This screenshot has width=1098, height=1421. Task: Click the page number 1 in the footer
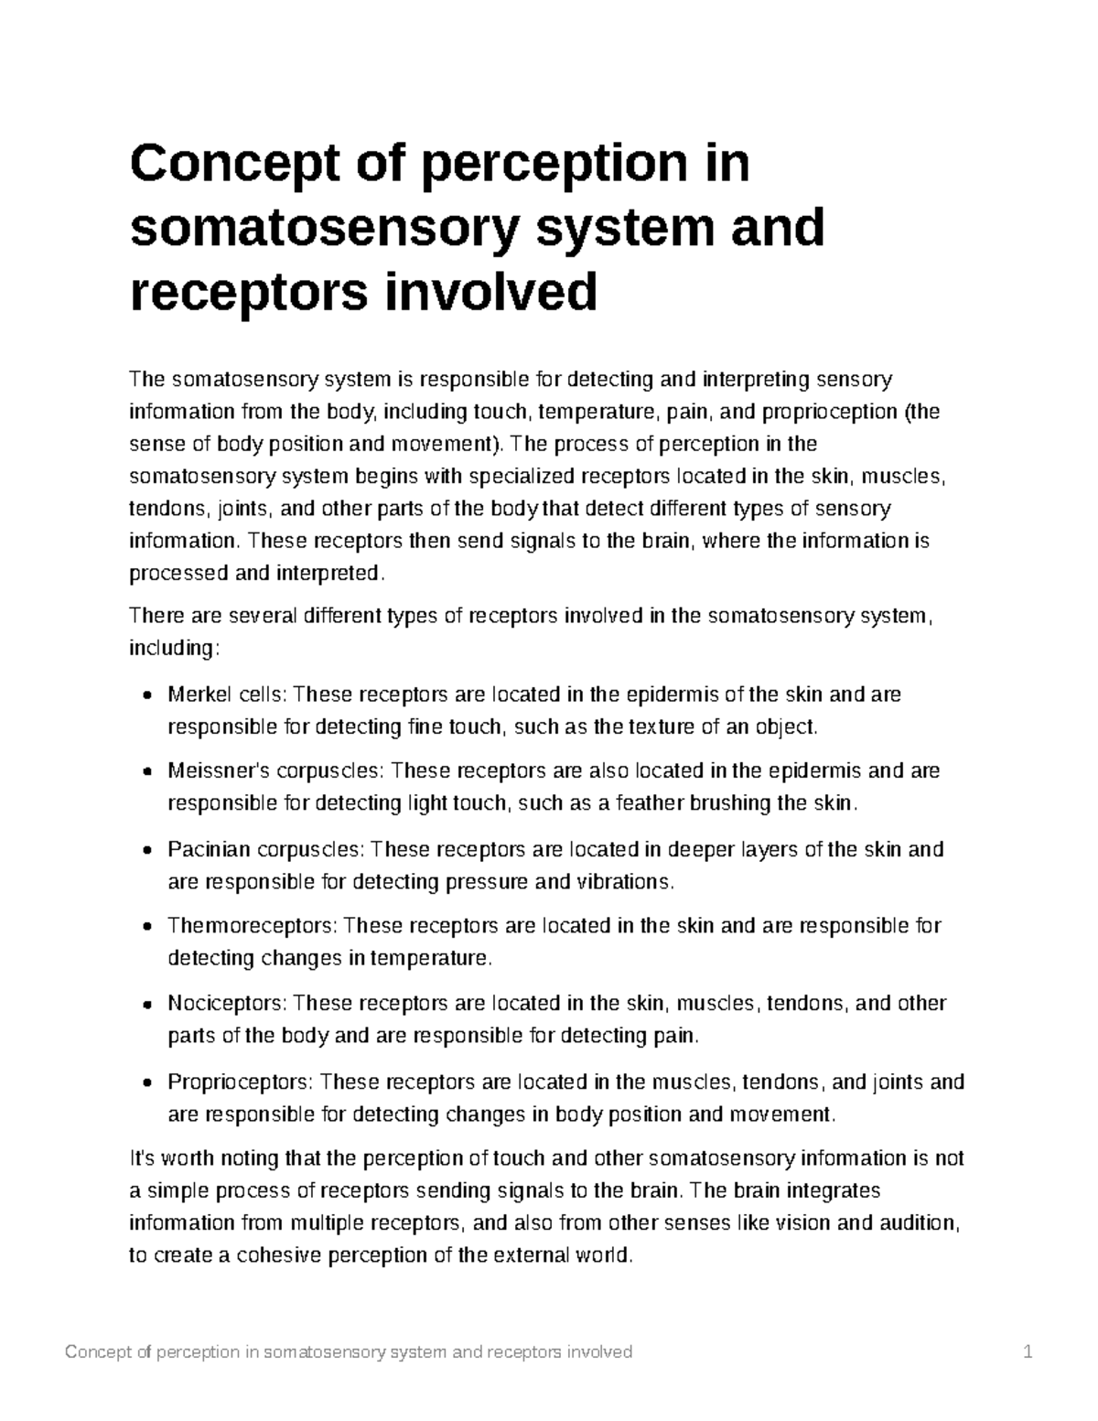pos(1028,1352)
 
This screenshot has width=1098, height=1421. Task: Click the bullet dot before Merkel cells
pos(147,696)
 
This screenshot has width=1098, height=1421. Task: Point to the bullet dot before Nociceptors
pos(147,1005)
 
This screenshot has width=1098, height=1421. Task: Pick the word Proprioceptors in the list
pos(241,1082)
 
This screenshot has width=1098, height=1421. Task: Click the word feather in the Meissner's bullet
pos(647,804)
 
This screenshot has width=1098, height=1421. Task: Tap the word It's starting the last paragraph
pos(145,1159)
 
